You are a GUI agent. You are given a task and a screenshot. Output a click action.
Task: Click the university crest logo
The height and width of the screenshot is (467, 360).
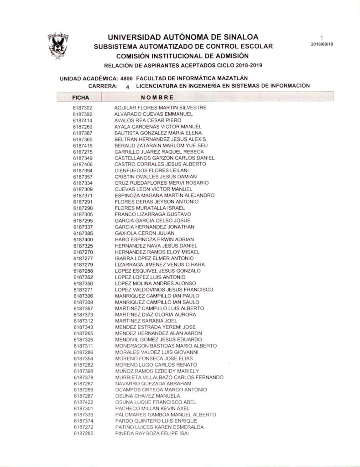coord(59,47)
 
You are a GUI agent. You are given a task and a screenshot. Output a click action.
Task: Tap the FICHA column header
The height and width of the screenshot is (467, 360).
coord(80,97)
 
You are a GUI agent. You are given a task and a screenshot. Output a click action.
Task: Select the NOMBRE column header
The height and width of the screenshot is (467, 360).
coord(157,97)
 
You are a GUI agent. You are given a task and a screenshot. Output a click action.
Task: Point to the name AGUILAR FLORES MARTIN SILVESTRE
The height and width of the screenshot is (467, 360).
coord(160,108)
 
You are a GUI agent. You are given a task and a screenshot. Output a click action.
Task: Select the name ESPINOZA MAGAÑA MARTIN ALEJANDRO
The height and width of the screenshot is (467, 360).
coord(164,196)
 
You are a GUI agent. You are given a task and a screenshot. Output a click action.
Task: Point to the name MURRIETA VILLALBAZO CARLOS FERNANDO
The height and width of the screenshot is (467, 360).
coord(169,378)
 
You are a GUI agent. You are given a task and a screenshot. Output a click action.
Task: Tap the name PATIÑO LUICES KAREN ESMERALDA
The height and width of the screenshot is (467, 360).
coord(159,428)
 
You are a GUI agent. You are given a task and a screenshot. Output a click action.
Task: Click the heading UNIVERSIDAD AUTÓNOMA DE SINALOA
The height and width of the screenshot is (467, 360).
coord(183,37)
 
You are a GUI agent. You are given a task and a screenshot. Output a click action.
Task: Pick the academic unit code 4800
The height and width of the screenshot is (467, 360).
coord(127,78)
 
